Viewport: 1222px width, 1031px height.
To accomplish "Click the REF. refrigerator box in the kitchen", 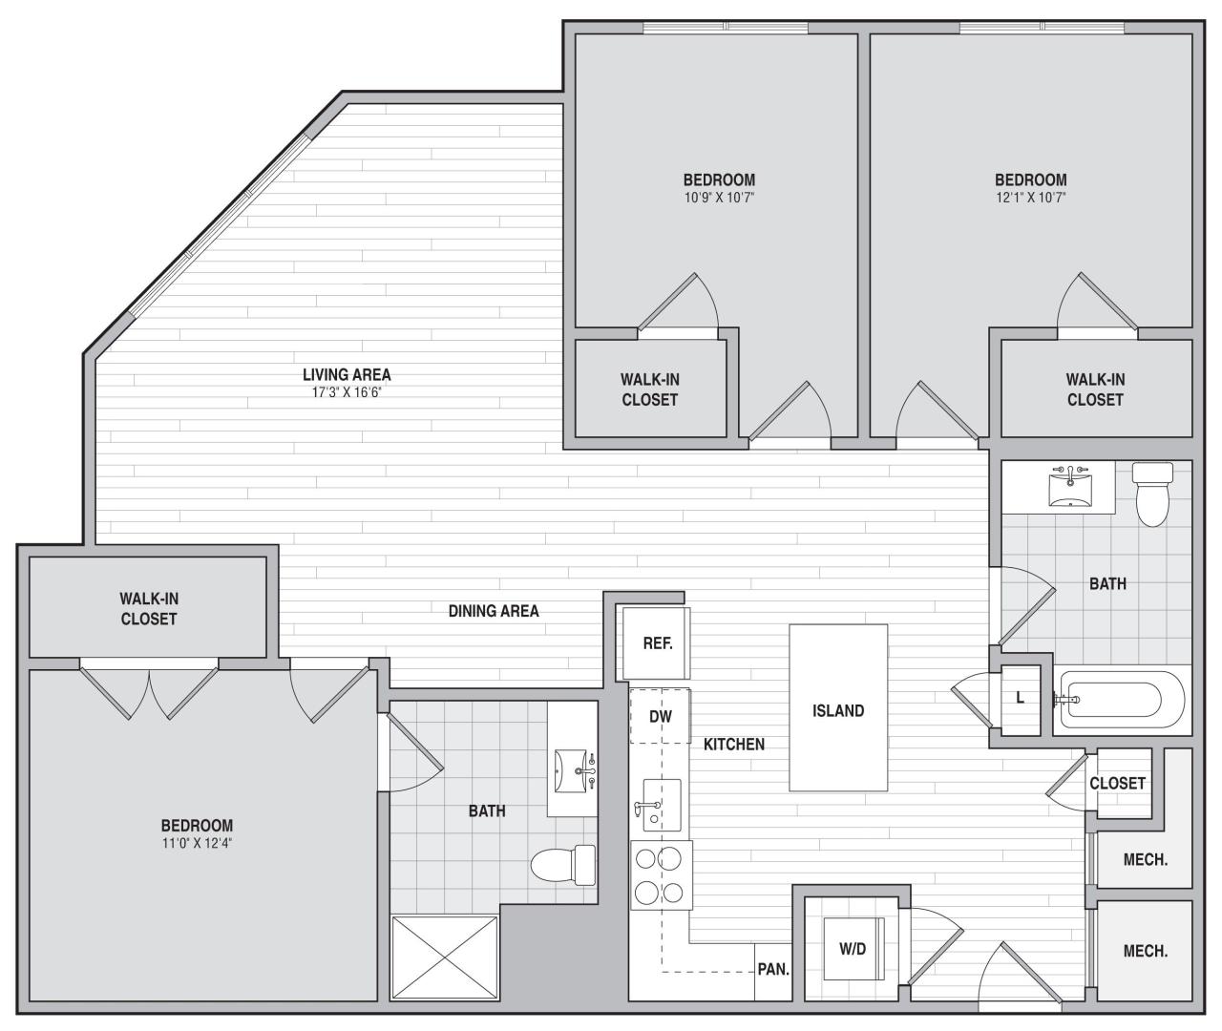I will [657, 643].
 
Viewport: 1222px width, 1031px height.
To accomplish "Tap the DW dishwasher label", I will [660, 716].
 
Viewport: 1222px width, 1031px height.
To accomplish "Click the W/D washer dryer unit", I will [852, 949].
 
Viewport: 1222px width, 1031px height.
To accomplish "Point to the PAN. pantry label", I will [773, 970].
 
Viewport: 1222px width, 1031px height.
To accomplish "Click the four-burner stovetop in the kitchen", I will [661, 874].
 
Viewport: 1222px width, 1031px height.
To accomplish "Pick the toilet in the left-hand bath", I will [561, 864].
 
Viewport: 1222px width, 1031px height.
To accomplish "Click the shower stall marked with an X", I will [445, 957].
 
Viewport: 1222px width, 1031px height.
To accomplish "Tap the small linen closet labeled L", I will [1020, 698].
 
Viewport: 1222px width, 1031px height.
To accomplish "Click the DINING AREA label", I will [494, 611].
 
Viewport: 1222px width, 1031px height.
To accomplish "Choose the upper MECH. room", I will [1145, 859].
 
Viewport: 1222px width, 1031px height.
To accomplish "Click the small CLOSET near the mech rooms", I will [1117, 783].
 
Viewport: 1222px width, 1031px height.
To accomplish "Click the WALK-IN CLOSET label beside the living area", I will [149, 608].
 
